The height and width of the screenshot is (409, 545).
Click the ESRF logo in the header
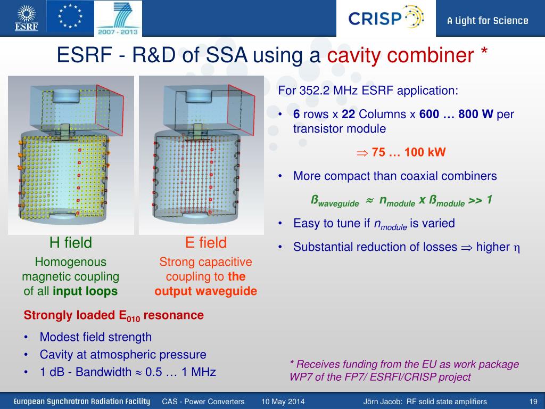(27, 18)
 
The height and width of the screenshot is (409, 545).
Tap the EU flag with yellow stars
(70, 17)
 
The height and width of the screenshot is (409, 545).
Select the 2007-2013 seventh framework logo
(118, 18)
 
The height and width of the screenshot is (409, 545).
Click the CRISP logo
(386, 18)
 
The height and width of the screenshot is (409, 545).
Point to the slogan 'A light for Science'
(488, 21)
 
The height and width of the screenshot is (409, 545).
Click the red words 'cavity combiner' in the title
(400, 55)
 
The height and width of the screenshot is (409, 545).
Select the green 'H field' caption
(71, 242)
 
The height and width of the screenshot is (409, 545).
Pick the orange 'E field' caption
(206, 242)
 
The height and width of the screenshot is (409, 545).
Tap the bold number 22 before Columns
(348, 114)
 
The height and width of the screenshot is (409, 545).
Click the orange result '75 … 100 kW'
(408, 152)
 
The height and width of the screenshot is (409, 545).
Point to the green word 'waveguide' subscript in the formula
(338, 204)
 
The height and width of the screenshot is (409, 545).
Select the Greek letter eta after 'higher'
(517, 248)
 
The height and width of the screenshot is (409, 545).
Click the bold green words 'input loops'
(85, 291)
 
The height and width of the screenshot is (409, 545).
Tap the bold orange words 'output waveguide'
(206, 291)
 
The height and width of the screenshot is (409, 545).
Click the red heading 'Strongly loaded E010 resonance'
(114, 315)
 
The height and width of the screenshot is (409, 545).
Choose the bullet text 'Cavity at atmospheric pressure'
(123, 354)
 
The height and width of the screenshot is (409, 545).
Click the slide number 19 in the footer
(533, 402)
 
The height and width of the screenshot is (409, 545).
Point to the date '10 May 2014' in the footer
(283, 402)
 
